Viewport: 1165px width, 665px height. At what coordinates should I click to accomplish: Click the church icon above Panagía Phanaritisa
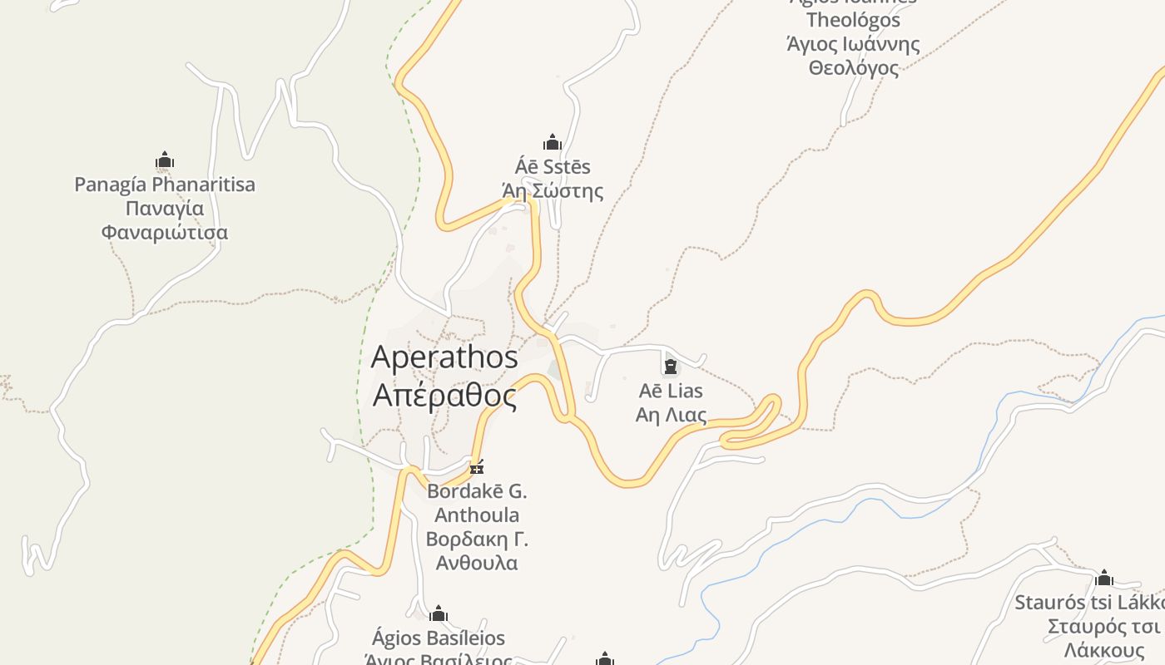coord(165,160)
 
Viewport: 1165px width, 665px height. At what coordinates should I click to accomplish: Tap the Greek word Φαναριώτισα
coord(165,232)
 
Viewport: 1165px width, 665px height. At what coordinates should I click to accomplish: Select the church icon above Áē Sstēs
coord(553,142)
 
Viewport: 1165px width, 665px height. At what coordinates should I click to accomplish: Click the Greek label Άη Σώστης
coord(553,191)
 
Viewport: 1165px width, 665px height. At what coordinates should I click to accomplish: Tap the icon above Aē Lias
coord(670,366)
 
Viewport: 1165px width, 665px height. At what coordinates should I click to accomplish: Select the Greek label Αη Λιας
coord(670,415)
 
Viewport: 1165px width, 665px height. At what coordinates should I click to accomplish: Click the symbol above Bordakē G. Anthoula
coord(477,468)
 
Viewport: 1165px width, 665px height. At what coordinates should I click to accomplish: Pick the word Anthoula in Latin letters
coord(477,515)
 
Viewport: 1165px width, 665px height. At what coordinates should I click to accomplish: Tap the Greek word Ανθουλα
coord(477,563)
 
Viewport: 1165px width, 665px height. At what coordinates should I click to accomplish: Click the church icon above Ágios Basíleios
coord(439,615)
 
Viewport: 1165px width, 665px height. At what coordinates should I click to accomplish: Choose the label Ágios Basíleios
coord(439,638)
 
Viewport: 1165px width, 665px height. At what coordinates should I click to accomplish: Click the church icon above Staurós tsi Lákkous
coord(1104,578)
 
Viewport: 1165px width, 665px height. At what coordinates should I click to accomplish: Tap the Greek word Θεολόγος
coord(853,68)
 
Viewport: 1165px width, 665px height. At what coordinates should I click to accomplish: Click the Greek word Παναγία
coord(165,208)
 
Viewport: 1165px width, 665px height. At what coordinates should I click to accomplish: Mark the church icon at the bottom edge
coord(605,659)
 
